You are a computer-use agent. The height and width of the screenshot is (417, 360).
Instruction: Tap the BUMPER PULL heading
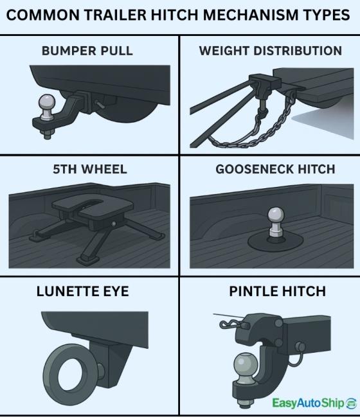87,51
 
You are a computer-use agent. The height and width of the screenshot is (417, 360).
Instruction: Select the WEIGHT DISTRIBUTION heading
270,51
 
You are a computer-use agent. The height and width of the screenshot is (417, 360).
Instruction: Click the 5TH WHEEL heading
89,170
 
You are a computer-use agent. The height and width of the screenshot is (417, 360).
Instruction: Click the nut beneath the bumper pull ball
48,133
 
